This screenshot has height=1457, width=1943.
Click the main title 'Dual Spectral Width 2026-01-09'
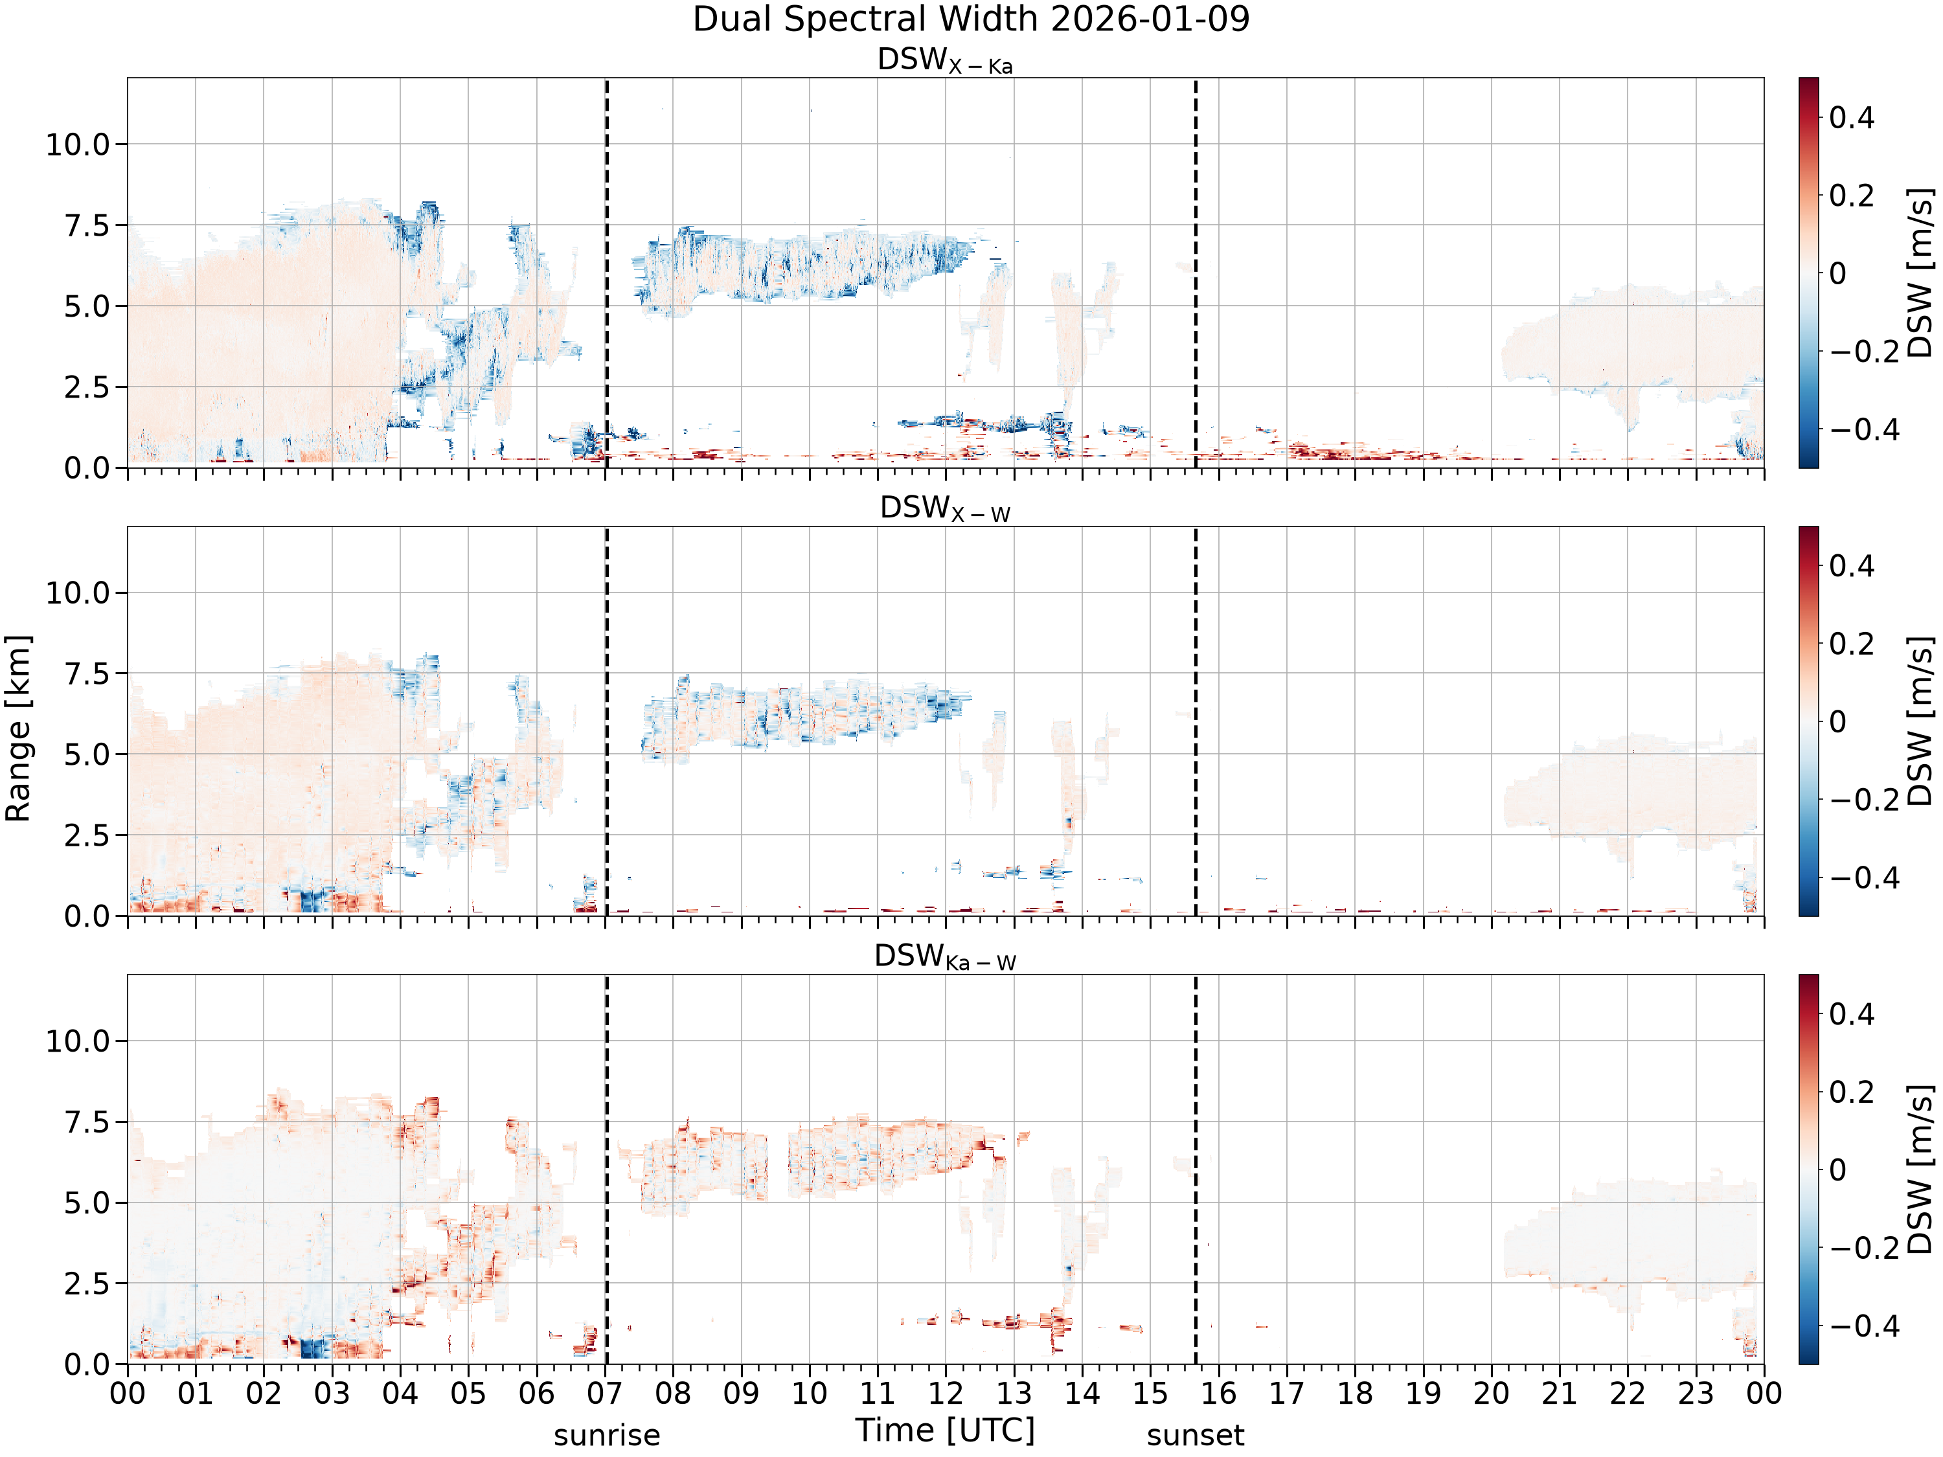tap(971, 19)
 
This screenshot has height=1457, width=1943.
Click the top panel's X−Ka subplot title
tap(945, 61)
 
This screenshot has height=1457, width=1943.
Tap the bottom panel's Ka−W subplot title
tap(945, 956)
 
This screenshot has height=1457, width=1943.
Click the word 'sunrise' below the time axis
tap(607, 1434)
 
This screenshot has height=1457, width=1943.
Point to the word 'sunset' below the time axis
tap(1196, 1434)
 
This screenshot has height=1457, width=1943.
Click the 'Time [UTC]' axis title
tap(945, 1430)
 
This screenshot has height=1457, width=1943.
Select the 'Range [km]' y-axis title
tap(17, 728)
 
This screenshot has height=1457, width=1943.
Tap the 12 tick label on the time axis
tap(946, 1393)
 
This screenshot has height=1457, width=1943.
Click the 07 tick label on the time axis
tap(605, 1393)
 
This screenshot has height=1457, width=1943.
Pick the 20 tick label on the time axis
tap(1492, 1393)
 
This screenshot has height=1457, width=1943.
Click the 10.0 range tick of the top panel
tap(78, 144)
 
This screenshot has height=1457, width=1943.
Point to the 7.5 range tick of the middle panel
tap(88, 673)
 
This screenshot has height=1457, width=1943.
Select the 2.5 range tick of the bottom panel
tap(88, 1283)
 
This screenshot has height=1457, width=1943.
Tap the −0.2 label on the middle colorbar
tap(1864, 800)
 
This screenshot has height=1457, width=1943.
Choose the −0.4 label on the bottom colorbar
tap(1864, 1326)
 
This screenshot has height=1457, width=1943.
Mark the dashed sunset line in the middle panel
tap(1196, 721)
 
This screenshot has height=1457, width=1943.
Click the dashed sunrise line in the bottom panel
tap(607, 1169)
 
